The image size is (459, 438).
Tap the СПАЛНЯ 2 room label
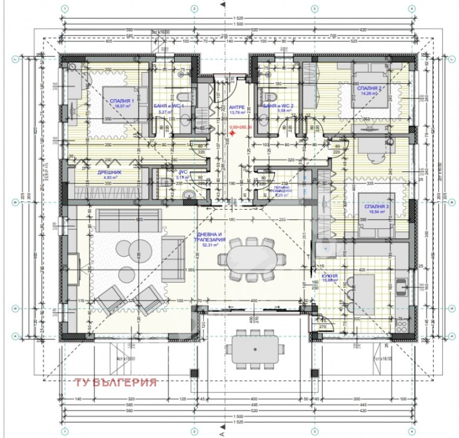click(x=369, y=89)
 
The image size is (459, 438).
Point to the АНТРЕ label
click(x=236, y=107)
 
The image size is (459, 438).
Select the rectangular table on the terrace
click(x=256, y=348)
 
